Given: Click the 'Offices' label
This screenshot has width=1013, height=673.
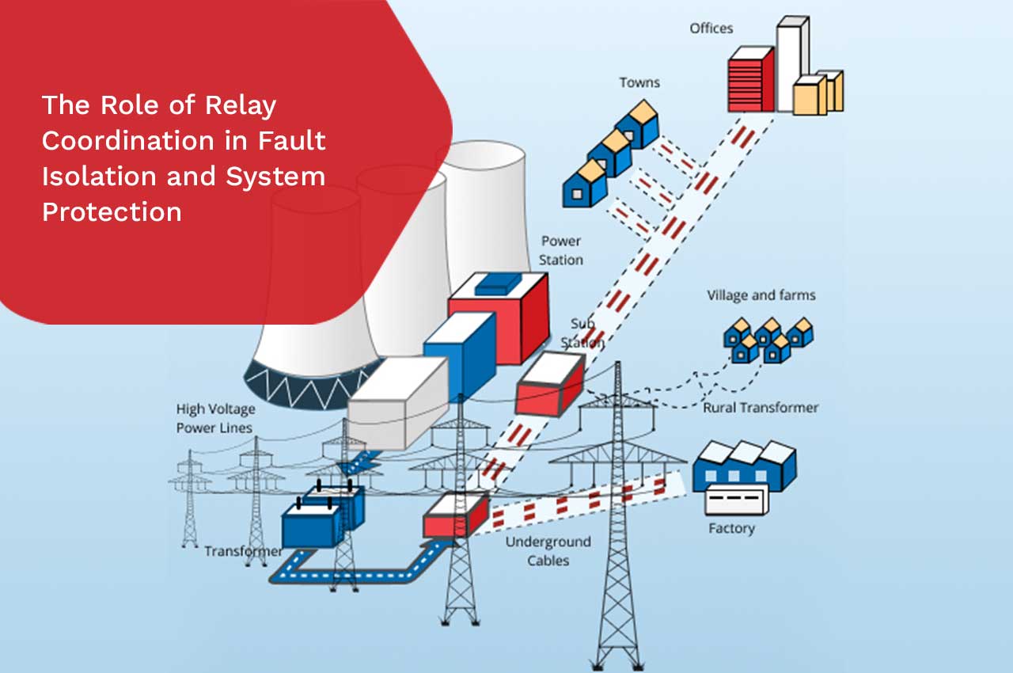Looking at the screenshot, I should pos(711,29).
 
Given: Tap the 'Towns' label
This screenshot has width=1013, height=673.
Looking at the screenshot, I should pos(639,82).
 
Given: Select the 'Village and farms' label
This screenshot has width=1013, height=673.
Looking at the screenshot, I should pos(761,295).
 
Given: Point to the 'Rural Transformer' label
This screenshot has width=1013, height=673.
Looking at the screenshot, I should pos(761,408).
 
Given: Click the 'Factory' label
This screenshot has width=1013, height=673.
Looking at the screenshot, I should pos(731,528).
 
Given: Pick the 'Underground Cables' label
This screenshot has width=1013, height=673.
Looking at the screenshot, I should pos(548,551).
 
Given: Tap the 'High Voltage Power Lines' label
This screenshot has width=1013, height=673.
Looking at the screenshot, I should pos(214,419).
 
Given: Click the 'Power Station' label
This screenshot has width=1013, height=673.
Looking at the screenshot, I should pos(561,250).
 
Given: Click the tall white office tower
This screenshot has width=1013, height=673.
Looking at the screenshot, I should pos(790,63).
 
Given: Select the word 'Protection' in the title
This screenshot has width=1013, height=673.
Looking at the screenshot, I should pos(112,211).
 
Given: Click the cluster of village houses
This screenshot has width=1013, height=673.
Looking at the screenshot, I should pos(767,340).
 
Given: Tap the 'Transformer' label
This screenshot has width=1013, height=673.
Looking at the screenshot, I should pos(243,551).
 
